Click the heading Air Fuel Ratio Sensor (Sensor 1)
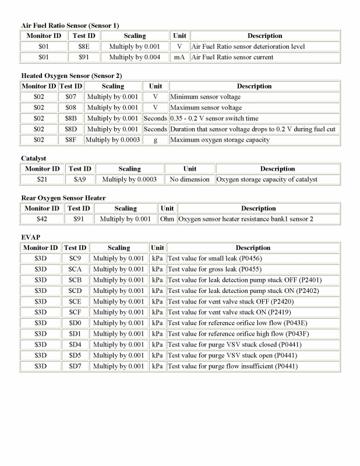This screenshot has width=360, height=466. [x=70, y=26]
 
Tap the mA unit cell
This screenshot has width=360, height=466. [x=179, y=58]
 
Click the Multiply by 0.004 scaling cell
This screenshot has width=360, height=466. [x=135, y=58]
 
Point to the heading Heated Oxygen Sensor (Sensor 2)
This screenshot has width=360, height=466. [x=72, y=76]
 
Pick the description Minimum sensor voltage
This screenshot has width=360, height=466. [x=205, y=97]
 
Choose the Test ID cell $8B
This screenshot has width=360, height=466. [x=70, y=118]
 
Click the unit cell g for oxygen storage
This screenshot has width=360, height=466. [x=156, y=140]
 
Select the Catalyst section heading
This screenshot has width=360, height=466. [x=34, y=158]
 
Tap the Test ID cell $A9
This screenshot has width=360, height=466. [x=80, y=179]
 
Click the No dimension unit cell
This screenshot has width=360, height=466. [x=190, y=179]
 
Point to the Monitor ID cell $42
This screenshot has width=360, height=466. [x=40, y=219]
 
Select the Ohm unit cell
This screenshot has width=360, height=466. [x=167, y=219]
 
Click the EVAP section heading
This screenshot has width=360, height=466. [x=30, y=237]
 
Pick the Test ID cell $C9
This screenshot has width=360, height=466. [x=75, y=259]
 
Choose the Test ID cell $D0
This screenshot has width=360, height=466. [x=75, y=323]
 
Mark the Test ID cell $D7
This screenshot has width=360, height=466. [x=75, y=366]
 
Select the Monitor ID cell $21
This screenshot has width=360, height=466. [x=41, y=179]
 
